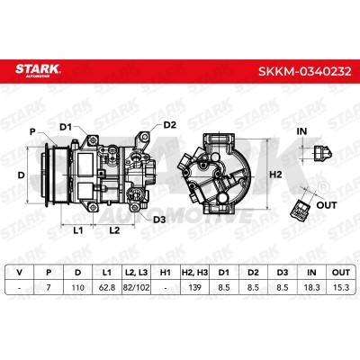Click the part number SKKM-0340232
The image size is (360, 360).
coord(305,71)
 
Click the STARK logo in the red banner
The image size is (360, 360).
coord(38,70)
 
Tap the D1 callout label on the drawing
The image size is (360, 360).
coord(66,127)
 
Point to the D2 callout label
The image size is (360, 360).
coord(170,124)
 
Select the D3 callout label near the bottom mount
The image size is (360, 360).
coord(159,220)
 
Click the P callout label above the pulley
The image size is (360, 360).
coord(32,131)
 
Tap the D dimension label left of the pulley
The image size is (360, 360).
coord(21,175)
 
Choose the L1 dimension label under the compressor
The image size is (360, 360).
coord(78,230)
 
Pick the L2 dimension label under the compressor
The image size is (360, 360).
coord(114,230)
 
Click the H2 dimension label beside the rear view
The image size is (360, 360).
coord(275,175)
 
